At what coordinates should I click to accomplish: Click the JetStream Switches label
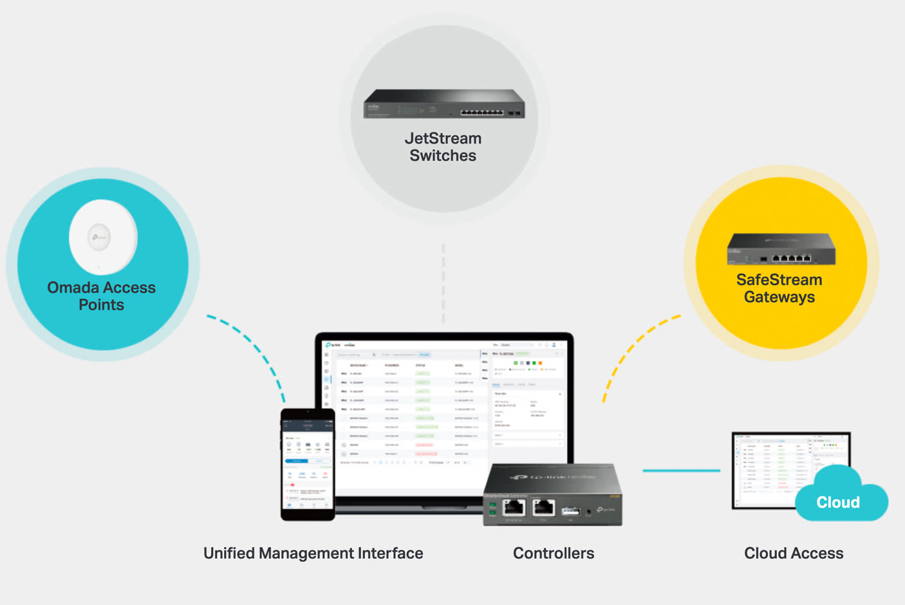tap(443, 147)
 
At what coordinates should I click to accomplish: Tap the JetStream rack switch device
tap(444, 104)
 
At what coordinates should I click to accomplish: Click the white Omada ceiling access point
tap(103, 237)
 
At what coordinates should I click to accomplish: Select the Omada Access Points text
tap(102, 296)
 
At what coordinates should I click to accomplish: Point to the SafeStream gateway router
tap(781, 249)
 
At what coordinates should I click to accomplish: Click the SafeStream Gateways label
tap(779, 288)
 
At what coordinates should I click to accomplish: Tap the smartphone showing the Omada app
tap(308, 463)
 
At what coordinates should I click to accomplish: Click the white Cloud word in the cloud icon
tap(838, 502)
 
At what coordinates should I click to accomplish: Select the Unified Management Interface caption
tap(313, 554)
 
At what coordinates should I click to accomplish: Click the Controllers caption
tap(554, 554)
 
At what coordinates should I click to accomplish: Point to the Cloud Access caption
tap(794, 554)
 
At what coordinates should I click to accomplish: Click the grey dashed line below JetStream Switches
tap(443, 283)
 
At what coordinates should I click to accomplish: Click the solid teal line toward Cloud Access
tap(681, 470)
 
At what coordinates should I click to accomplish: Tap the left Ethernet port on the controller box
tap(514, 508)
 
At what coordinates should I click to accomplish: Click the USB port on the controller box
tap(570, 510)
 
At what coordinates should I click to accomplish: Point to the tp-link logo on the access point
tap(99, 237)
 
